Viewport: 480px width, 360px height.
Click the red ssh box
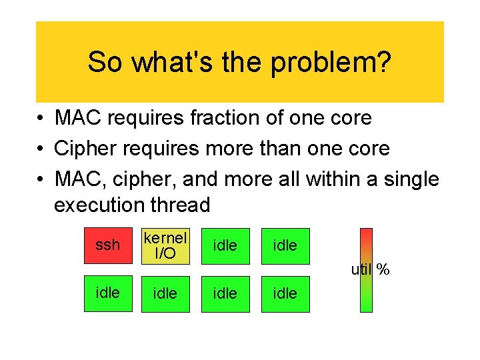coord(107,246)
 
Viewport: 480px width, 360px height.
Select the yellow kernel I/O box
coord(165,246)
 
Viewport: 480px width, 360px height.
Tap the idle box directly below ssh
coord(107,293)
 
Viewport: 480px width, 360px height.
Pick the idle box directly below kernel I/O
coord(165,293)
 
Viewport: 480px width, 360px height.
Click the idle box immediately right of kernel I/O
coord(225,246)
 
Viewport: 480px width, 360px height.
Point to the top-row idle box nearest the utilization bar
coord(285,246)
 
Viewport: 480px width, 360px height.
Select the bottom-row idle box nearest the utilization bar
coord(285,293)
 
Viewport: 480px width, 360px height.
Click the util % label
coord(371,270)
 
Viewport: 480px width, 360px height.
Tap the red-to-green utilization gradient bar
coord(366,270)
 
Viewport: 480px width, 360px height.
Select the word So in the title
coord(105,63)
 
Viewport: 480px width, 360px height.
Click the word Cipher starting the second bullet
coord(83,149)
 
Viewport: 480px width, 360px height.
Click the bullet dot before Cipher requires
coord(42,149)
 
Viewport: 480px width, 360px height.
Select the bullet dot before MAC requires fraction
coord(42,119)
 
